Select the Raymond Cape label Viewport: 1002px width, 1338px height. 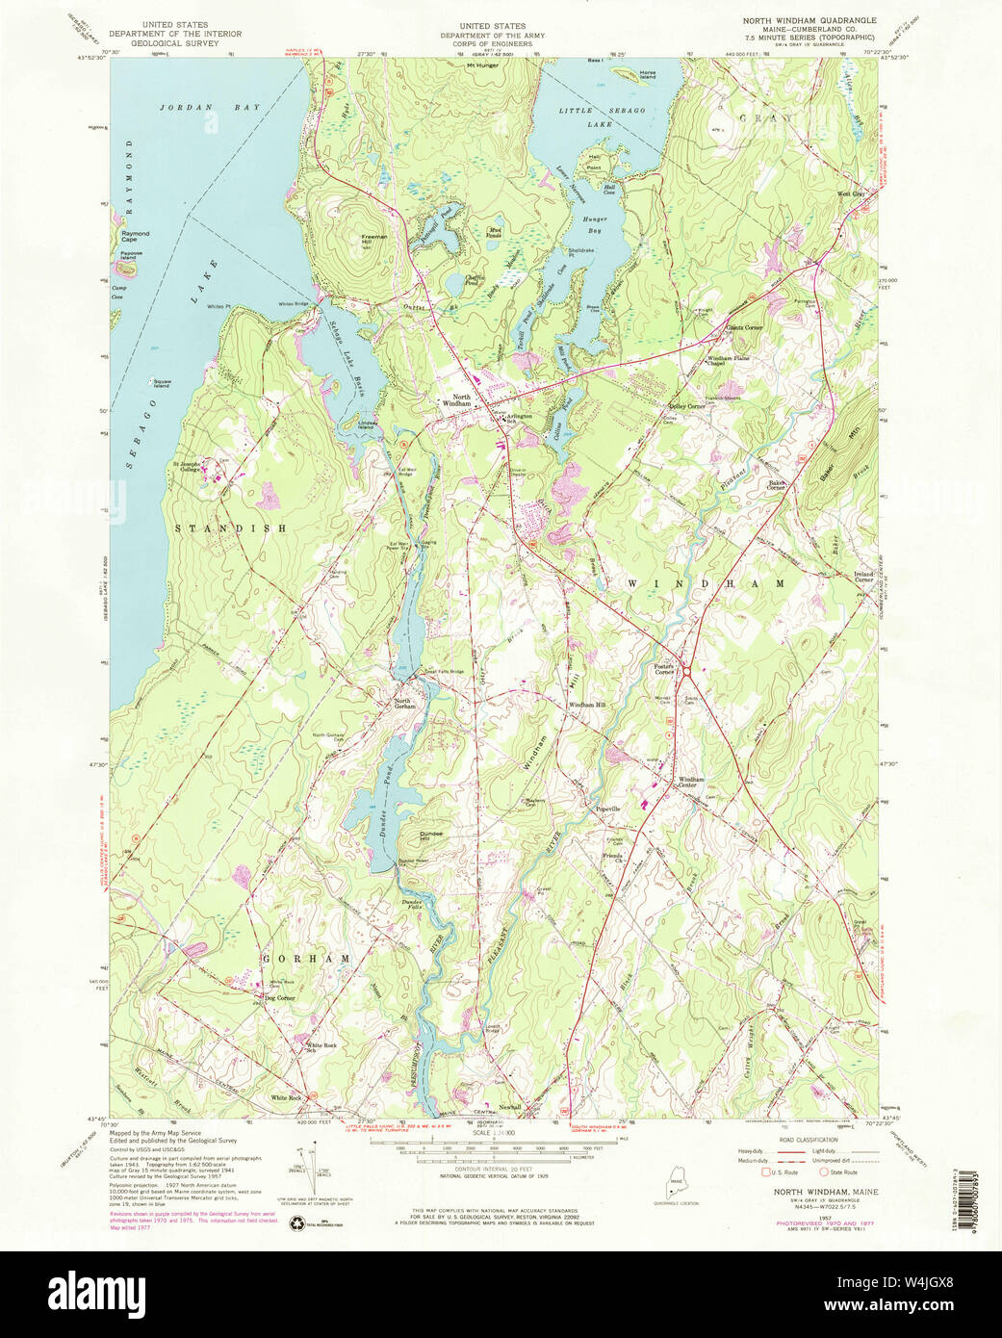(135, 236)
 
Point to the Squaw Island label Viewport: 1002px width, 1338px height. (161, 384)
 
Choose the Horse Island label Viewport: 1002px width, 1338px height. (648, 75)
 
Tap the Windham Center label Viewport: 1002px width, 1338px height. (691, 782)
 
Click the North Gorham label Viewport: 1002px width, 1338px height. (404, 703)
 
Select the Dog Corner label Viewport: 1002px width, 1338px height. (280, 998)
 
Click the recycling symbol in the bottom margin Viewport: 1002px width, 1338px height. (296, 1220)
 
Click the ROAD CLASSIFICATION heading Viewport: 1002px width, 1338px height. (800, 1138)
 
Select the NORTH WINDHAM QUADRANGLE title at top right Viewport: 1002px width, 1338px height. (809, 20)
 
